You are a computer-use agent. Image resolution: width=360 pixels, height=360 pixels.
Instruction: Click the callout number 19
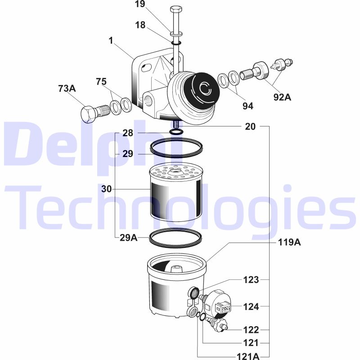click(x=140, y=4)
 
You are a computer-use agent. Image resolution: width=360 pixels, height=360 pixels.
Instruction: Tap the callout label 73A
click(x=67, y=88)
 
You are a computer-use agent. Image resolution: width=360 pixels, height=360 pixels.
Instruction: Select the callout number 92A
click(x=282, y=97)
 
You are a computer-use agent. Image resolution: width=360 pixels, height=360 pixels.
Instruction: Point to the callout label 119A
click(x=289, y=242)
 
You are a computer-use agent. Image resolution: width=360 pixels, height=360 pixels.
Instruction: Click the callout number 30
click(x=107, y=189)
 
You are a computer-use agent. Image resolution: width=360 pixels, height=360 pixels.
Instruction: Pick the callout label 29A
click(x=129, y=238)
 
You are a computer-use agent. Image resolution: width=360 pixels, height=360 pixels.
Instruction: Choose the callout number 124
click(x=251, y=306)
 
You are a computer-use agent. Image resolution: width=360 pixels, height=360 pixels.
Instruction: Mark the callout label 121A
click(x=248, y=356)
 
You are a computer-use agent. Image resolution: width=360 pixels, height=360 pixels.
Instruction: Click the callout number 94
click(x=248, y=106)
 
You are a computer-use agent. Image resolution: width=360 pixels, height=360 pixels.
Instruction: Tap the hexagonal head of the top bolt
click(x=176, y=9)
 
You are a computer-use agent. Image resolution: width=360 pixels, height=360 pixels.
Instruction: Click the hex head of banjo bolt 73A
click(x=88, y=114)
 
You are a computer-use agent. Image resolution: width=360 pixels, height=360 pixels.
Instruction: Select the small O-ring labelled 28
click(x=176, y=132)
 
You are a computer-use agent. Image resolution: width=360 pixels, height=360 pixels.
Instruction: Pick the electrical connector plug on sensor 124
click(x=223, y=306)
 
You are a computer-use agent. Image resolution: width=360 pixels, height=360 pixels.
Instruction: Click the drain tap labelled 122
click(x=217, y=323)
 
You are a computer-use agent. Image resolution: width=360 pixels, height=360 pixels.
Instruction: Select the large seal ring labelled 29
click(x=176, y=148)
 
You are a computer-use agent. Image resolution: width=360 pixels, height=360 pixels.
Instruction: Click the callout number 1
click(x=111, y=40)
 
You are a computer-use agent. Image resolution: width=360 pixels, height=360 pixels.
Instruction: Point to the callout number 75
click(x=101, y=81)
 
